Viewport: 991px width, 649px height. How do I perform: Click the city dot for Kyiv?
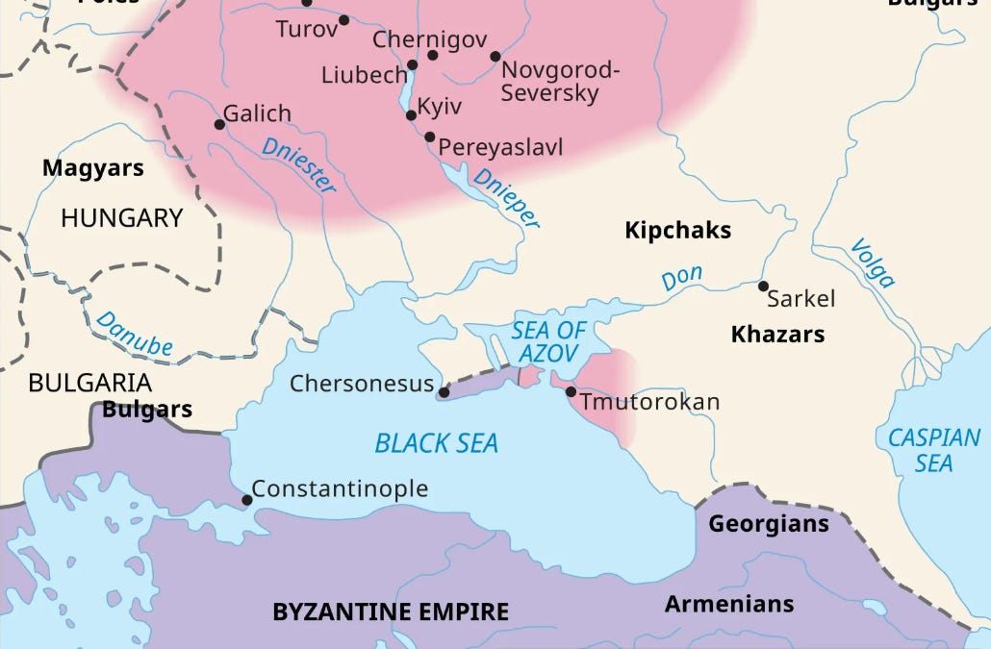pos(412,115)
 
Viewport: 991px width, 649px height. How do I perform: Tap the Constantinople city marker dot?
pos(247,500)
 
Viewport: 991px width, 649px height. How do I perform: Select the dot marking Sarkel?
pos(763,286)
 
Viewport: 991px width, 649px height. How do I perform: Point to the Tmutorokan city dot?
pos(571,391)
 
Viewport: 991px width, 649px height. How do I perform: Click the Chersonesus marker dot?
pos(443,392)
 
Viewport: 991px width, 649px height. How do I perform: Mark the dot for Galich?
pos(219,124)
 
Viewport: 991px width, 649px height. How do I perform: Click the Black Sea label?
pos(436,443)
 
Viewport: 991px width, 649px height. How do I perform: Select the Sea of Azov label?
pos(546,341)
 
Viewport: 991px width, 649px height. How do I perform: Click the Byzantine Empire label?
pos(390,612)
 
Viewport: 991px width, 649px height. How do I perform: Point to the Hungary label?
pos(121,218)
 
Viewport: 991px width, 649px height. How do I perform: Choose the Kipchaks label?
pos(677,231)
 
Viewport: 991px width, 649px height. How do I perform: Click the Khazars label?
pos(777,335)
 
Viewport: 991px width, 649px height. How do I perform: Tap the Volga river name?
pos(872,263)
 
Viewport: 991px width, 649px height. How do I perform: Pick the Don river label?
pos(681,279)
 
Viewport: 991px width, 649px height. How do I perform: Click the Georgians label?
pos(768,524)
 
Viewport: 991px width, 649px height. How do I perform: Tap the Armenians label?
pos(728,604)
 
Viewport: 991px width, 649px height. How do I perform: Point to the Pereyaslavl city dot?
pos(430,137)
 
